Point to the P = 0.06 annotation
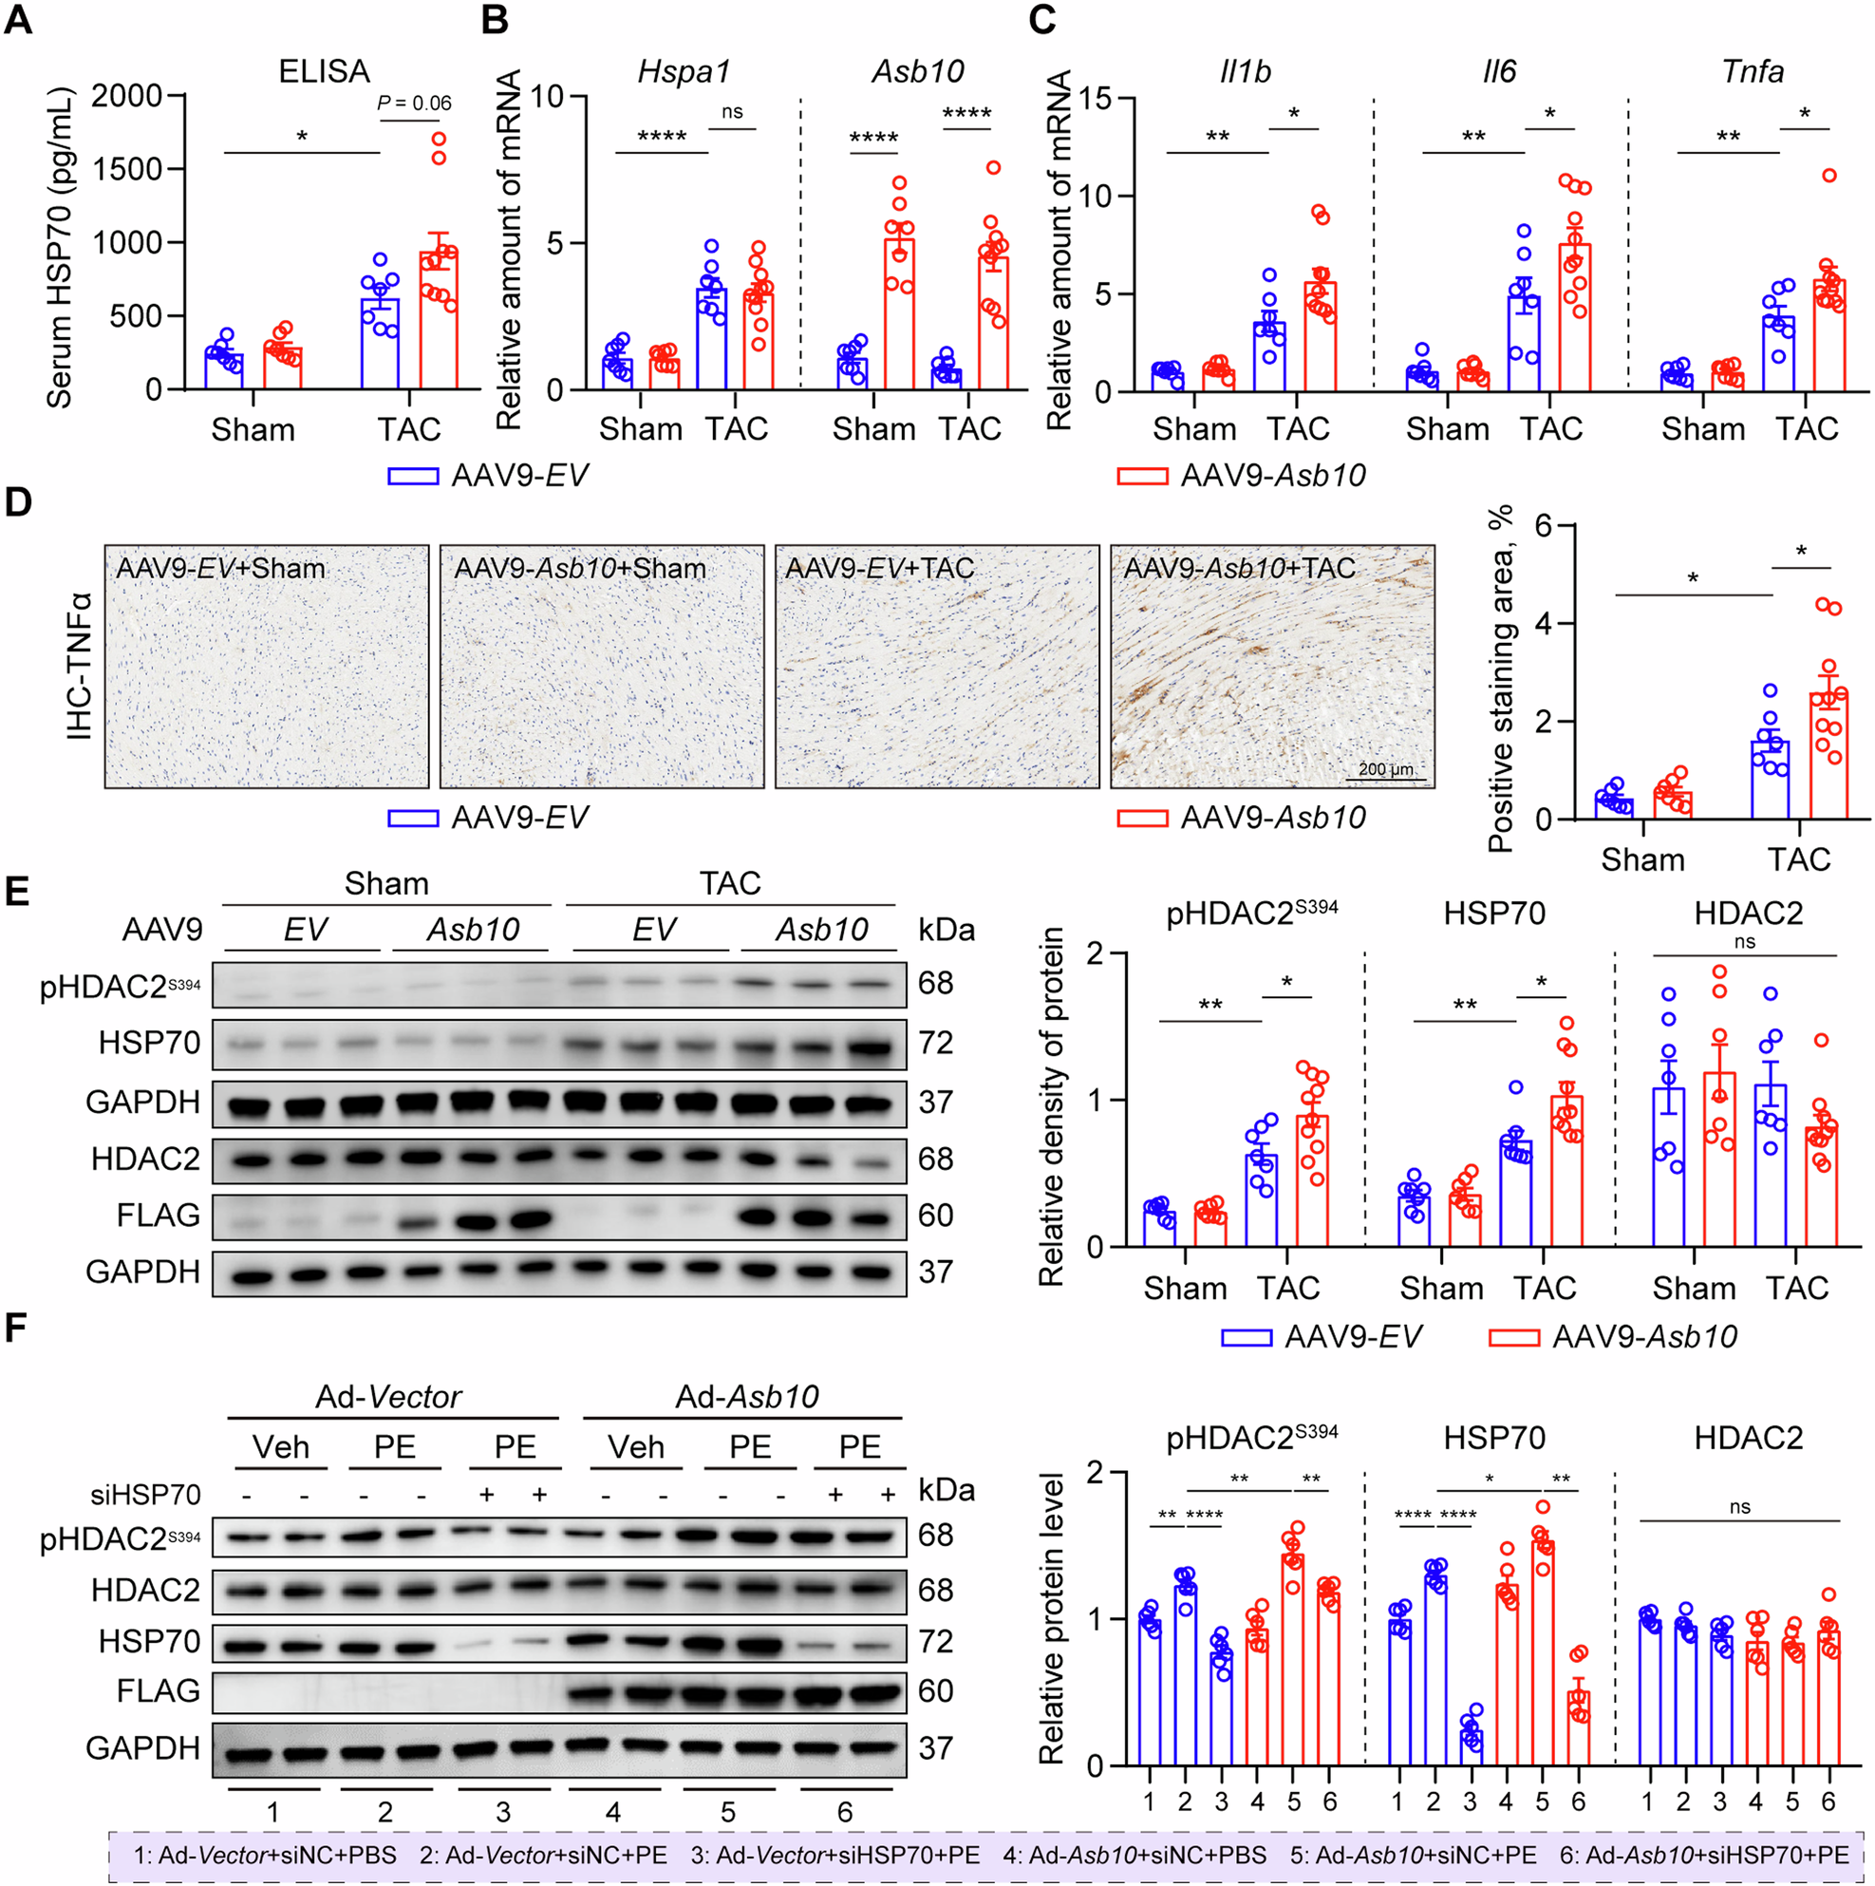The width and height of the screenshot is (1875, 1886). [x=414, y=104]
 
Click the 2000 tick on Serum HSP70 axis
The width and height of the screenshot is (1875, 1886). [x=127, y=96]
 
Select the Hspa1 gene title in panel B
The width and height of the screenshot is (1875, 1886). [x=683, y=71]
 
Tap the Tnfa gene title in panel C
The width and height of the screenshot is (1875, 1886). [x=1752, y=71]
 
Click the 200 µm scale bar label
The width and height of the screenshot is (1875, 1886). [x=1385, y=769]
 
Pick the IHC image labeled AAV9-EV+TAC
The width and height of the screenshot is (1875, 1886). [x=936, y=667]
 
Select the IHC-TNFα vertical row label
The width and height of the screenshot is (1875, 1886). [x=79, y=666]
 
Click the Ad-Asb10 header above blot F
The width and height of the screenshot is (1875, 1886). [x=747, y=1397]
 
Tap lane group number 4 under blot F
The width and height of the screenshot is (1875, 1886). [x=613, y=1813]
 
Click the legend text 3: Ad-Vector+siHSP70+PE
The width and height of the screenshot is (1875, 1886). [x=834, y=1855]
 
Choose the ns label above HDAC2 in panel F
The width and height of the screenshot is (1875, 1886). [x=1739, y=1507]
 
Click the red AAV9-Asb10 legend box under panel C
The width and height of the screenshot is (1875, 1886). [x=1142, y=477]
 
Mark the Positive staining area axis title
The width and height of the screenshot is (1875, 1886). [x=1500, y=678]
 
